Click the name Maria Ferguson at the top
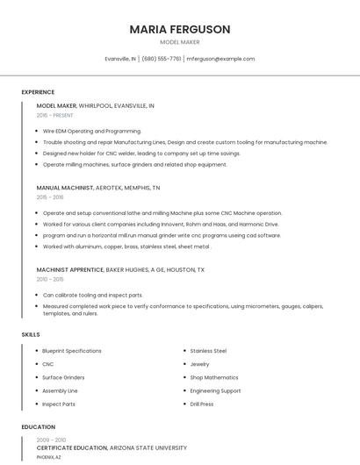(x=179, y=29)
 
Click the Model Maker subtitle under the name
(x=179, y=42)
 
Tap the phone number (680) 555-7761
(x=162, y=59)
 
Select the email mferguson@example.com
(x=220, y=59)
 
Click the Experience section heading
(x=38, y=92)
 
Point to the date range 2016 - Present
(x=54, y=115)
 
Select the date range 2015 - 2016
(x=50, y=197)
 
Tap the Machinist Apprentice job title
(x=69, y=270)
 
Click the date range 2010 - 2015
(x=50, y=280)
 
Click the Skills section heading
(x=31, y=334)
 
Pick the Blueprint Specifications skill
(x=72, y=351)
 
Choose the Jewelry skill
(x=199, y=364)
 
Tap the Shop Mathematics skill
(x=213, y=377)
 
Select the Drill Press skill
(x=201, y=404)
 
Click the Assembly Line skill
(x=60, y=390)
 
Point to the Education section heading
(x=38, y=427)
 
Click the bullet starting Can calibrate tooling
(x=92, y=296)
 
